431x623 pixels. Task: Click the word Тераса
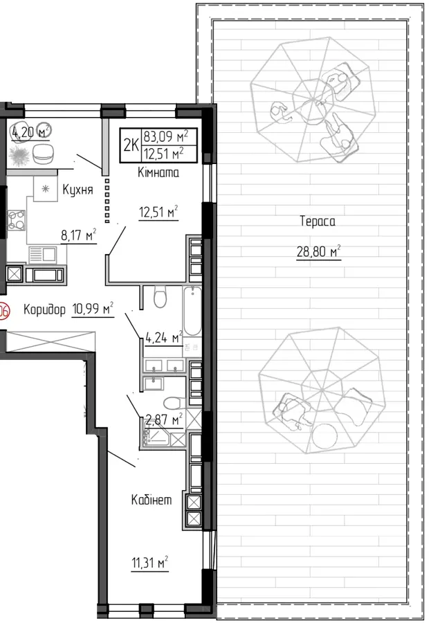pyautogui.click(x=318, y=221)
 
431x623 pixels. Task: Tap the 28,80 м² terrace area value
pyautogui.click(x=319, y=251)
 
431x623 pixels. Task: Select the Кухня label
pyautogui.click(x=78, y=190)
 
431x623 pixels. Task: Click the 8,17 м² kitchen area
pyautogui.click(x=79, y=235)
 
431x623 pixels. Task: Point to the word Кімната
pyautogui.click(x=158, y=172)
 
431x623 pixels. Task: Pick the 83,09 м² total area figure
pyautogui.click(x=165, y=136)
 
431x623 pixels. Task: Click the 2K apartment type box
pyautogui.click(x=131, y=145)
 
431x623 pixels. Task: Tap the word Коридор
pyautogui.click(x=44, y=309)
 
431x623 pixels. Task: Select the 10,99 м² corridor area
pyautogui.click(x=93, y=309)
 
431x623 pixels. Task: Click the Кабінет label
pyautogui.click(x=152, y=499)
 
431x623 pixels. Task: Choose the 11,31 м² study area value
pyautogui.click(x=149, y=563)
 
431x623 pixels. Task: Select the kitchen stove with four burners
pyautogui.click(x=17, y=219)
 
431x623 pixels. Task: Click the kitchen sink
pyautogui.click(x=42, y=254)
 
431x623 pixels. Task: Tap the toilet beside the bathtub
pyautogui.click(x=160, y=298)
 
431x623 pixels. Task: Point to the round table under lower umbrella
pyautogui.click(x=324, y=436)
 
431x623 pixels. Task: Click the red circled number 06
pyautogui.click(x=3, y=311)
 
